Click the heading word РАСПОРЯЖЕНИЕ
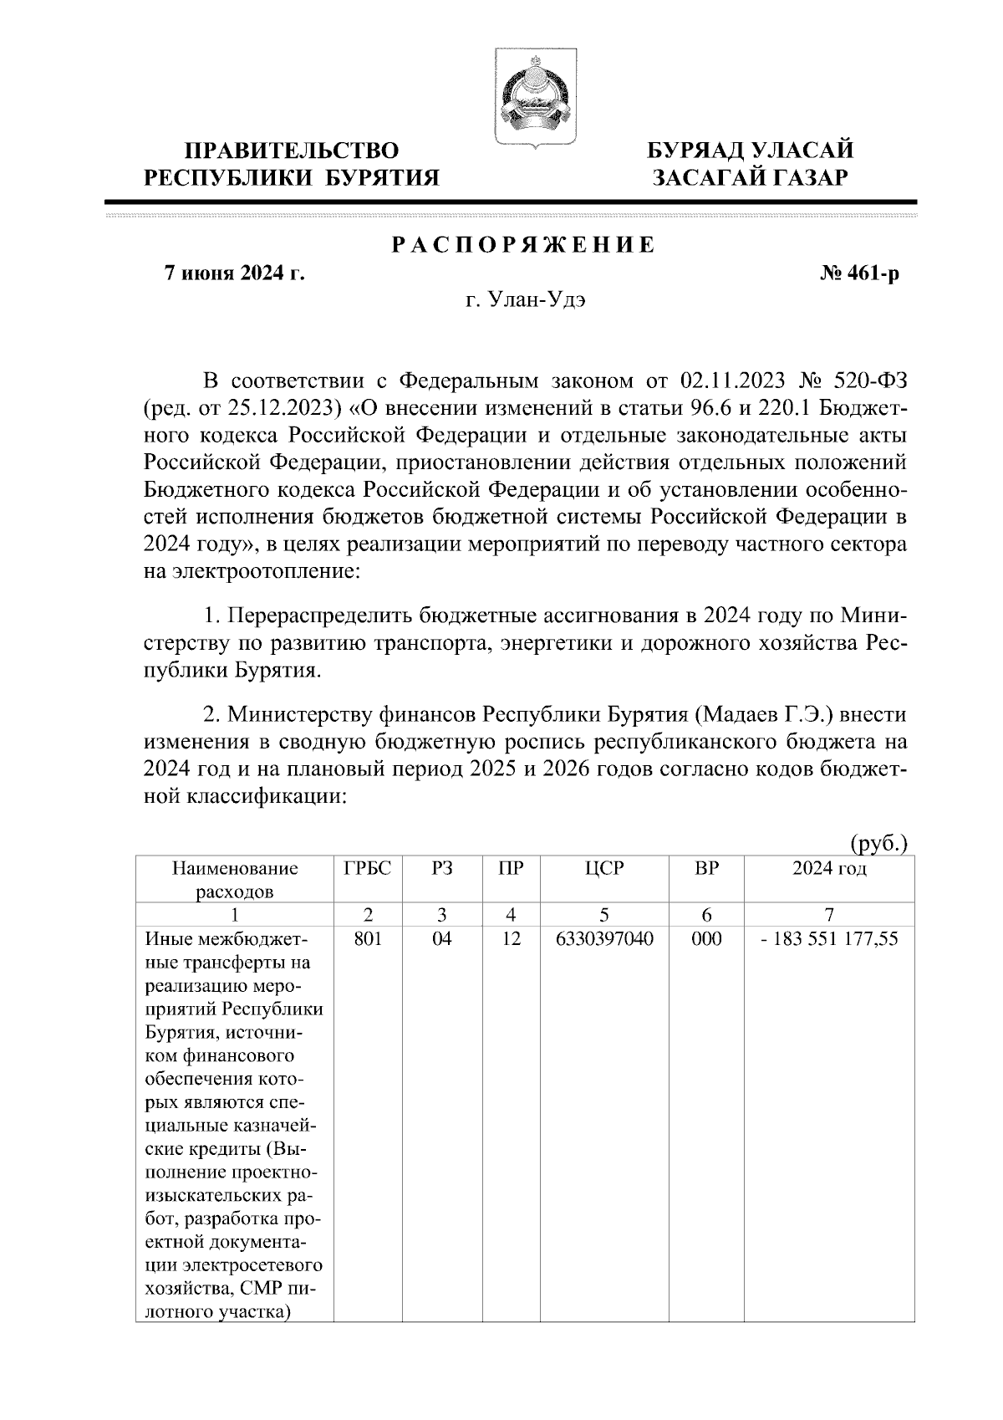524,245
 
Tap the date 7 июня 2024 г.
233,273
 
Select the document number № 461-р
860,273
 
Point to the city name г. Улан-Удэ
525,301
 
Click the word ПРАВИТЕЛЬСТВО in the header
291,151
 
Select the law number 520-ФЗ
871,381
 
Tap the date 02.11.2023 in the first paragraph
733,381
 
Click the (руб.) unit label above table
878,843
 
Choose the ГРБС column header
367,868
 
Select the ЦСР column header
604,868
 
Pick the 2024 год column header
828,868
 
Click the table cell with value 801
367,938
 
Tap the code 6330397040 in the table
604,938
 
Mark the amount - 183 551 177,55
828,938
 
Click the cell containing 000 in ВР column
706,938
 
